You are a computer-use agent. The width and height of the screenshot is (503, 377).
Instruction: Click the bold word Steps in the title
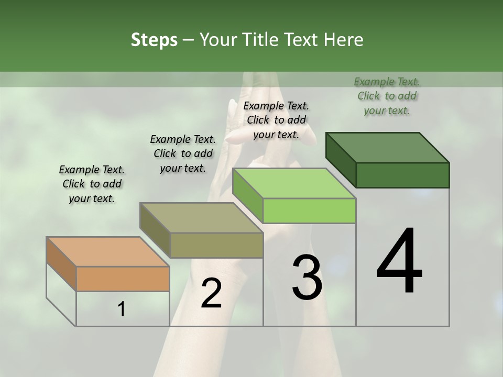pos(154,40)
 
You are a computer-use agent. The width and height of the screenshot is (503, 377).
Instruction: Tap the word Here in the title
pos(343,40)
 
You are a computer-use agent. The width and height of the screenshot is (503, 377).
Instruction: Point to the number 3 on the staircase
pos(307,278)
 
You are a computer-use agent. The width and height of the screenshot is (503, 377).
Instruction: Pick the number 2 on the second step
pos(211,294)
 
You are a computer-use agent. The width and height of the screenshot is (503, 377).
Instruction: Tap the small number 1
pos(122,309)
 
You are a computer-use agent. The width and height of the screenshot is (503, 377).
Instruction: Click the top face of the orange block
pos(108,252)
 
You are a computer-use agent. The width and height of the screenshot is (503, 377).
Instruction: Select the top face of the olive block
pos(201,218)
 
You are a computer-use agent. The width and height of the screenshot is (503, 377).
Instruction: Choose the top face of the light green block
pos(294,184)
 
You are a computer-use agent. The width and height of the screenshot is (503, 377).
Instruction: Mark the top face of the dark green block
pos(387,148)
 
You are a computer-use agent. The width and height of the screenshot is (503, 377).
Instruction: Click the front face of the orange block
pos(123,279)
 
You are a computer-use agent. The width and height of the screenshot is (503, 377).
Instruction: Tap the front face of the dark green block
pos(402,175)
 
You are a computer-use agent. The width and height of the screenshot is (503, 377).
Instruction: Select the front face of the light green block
pos(309,210)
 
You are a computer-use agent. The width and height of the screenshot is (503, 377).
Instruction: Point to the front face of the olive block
pos(216,245)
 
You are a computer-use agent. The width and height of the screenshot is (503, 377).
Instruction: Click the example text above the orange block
pos(92,184)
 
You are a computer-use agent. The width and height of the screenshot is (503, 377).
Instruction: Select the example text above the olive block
pos(183,153)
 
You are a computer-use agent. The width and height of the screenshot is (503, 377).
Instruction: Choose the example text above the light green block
pos(276,120)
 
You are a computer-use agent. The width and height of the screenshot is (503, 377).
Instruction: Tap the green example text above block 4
pos(387,96)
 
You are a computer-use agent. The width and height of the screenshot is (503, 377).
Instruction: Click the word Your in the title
pos(218,40)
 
